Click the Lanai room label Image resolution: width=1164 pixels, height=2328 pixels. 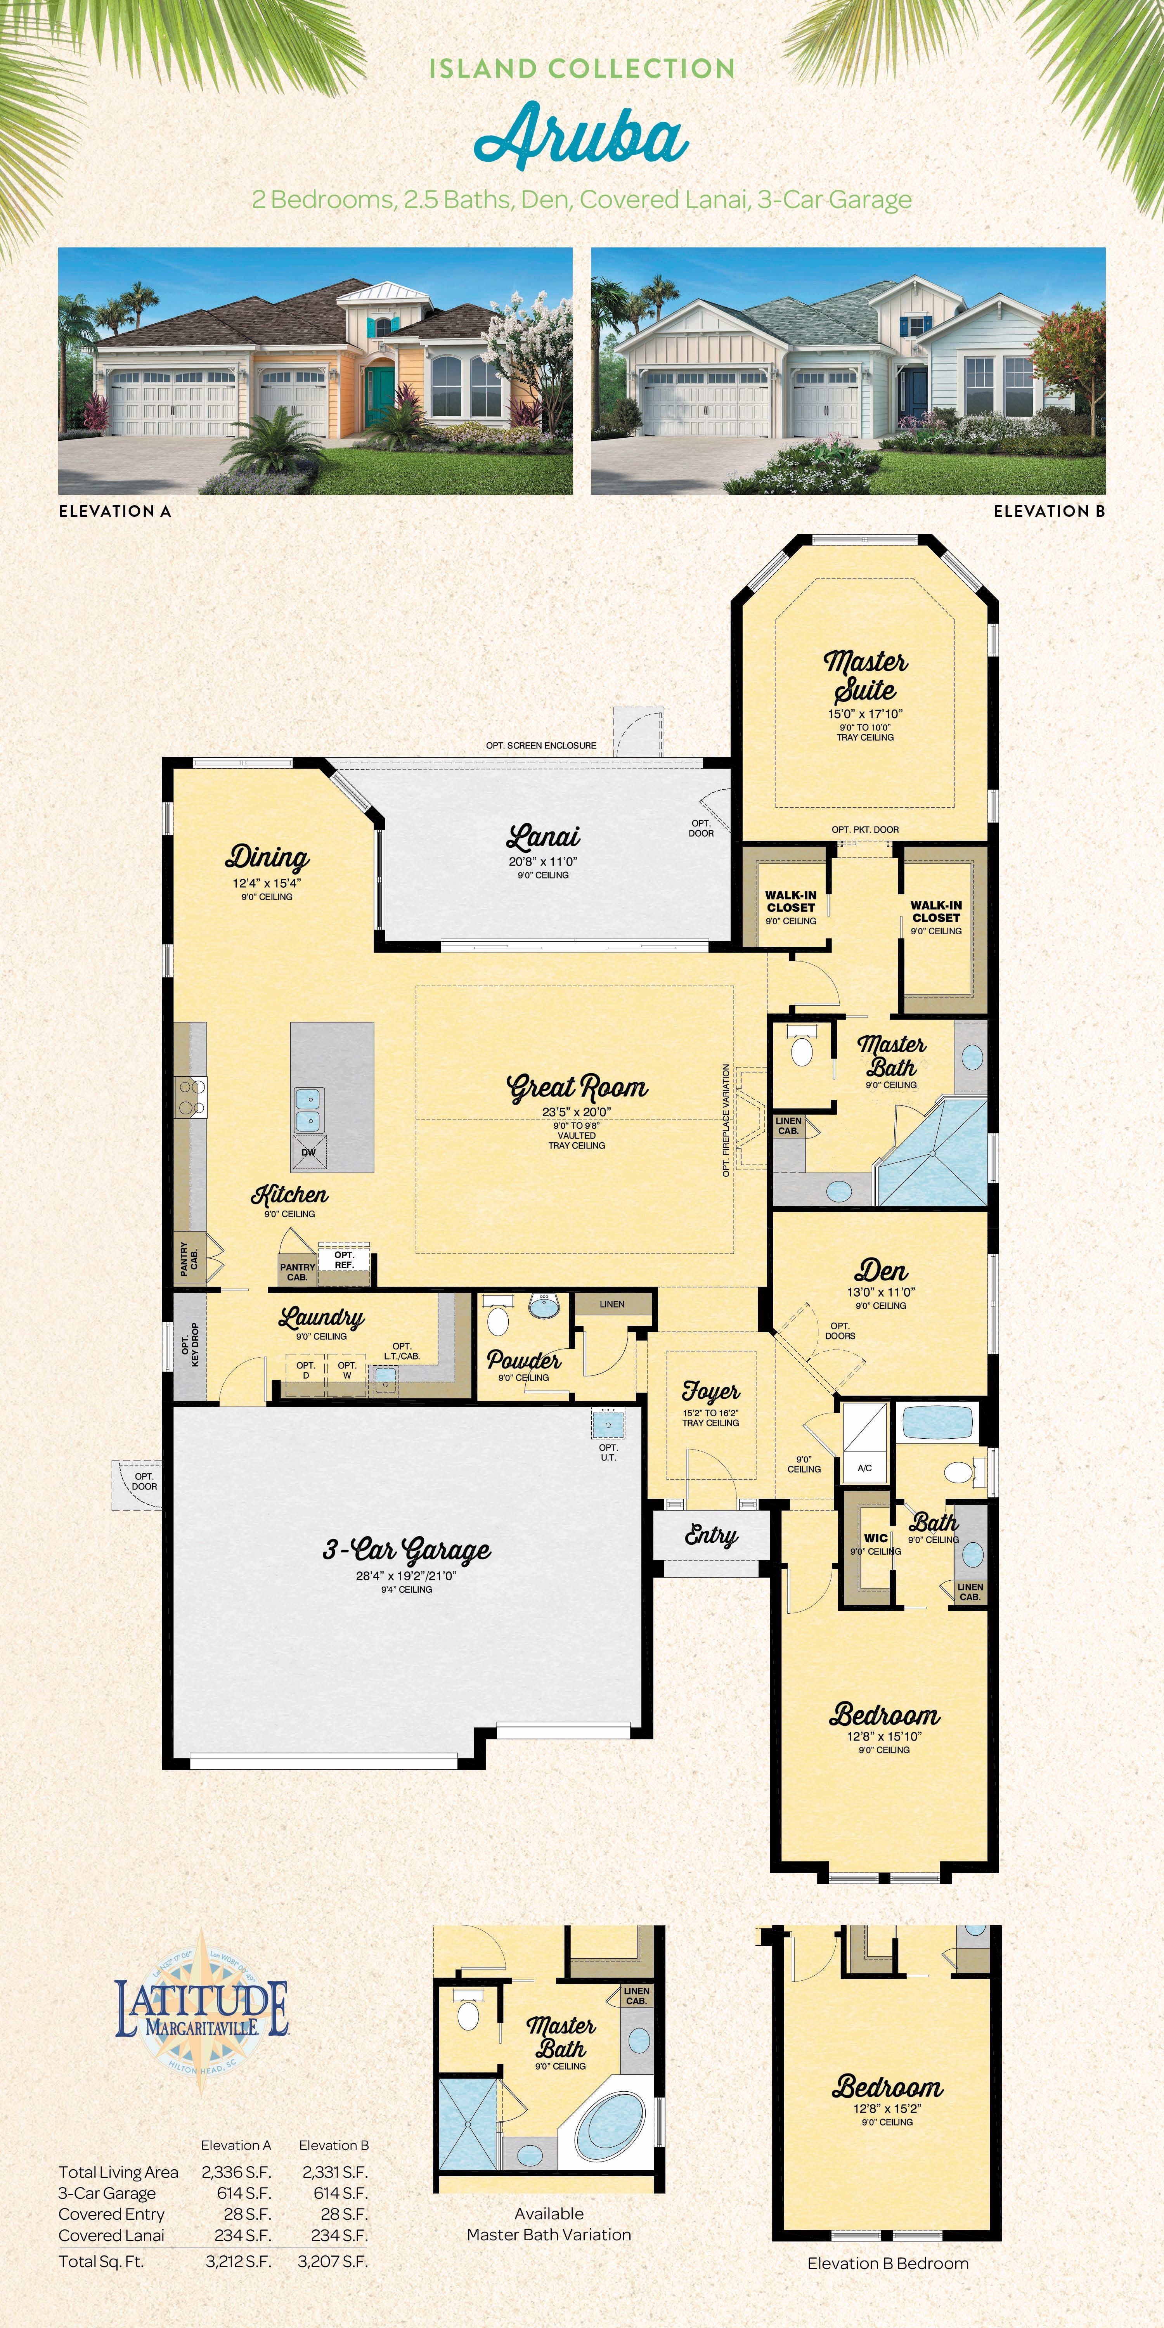pos(543,837)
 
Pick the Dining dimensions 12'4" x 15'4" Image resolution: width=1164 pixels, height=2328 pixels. pos(267,883)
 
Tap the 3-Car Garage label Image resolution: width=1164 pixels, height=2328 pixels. pos(407,1551)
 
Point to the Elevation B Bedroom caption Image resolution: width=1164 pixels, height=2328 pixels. pos(889,2264)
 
